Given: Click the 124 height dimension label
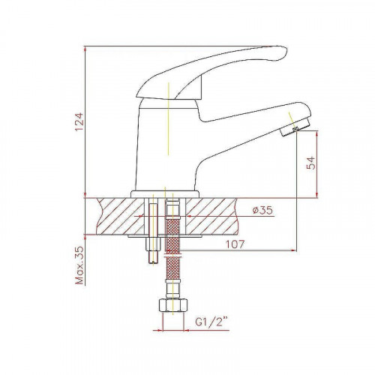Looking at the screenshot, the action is pos(79,121).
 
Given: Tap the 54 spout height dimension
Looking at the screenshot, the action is pos(311,163).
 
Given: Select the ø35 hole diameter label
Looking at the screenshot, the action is pos(262,210).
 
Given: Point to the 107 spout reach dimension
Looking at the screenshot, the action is pos(235,244).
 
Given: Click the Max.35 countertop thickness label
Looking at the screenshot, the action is pos(79,265).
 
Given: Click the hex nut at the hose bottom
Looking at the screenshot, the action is pos(172,304).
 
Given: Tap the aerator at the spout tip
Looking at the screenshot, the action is pos(295,127).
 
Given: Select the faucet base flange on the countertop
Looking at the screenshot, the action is pos(165,194).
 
